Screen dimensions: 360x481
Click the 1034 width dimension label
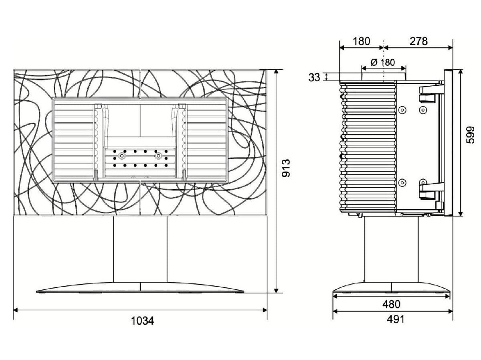point(142,321)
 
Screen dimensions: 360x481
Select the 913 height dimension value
point(286,168)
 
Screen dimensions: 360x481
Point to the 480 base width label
point(391,304)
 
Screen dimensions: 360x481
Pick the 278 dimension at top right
point(419,41)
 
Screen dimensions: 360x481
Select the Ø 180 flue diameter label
point(383,63)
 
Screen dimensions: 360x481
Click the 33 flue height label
point(314,77)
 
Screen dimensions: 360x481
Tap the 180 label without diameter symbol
point(361,41)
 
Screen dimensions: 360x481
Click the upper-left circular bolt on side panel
point(402,109)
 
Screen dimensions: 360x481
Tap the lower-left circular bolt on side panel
point(402,183)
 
